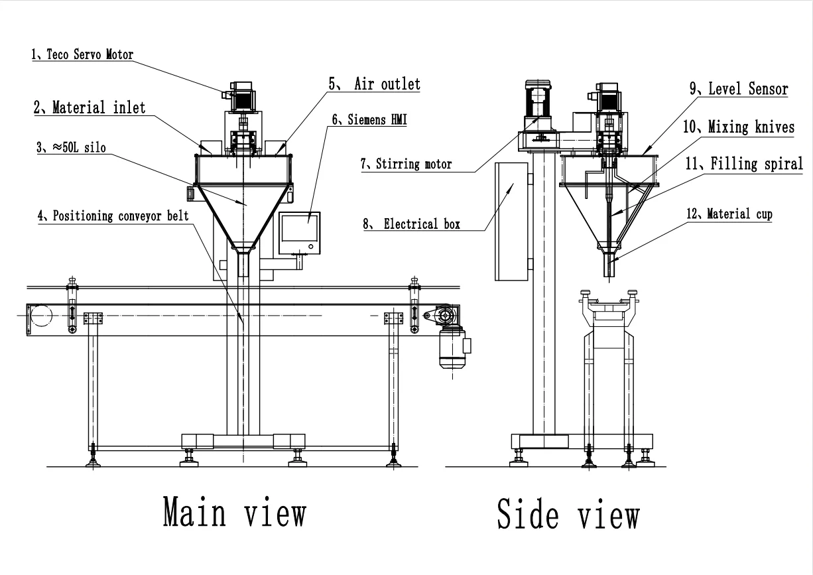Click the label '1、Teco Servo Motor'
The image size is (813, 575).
[x=82, y=55]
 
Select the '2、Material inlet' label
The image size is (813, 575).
[x=90, y=107]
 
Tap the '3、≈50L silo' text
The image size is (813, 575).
[x=69, y=149]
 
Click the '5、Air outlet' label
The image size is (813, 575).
[x=375, y=84]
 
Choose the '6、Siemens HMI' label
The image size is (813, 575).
[x=369, y=120]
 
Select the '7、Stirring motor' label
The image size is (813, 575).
[x=407, y=164]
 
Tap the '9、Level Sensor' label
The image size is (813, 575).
[x=738, y=89]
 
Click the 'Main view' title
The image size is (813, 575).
[x=235, y=513]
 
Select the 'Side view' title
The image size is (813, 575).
[x=568, y=514]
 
